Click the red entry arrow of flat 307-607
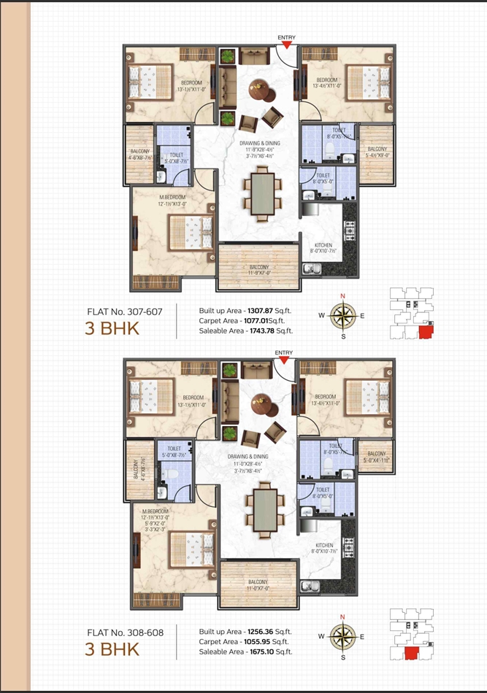point(288,44)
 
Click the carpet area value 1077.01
point(262,320)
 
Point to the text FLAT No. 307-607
point(125,311)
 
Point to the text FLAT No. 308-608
point(125,631)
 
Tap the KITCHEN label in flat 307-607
point(323,245)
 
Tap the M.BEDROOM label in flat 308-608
point(156,511)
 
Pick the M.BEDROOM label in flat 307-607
point(173,197)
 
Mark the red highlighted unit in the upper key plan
point(425,333)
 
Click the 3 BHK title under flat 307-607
point(112,328)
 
